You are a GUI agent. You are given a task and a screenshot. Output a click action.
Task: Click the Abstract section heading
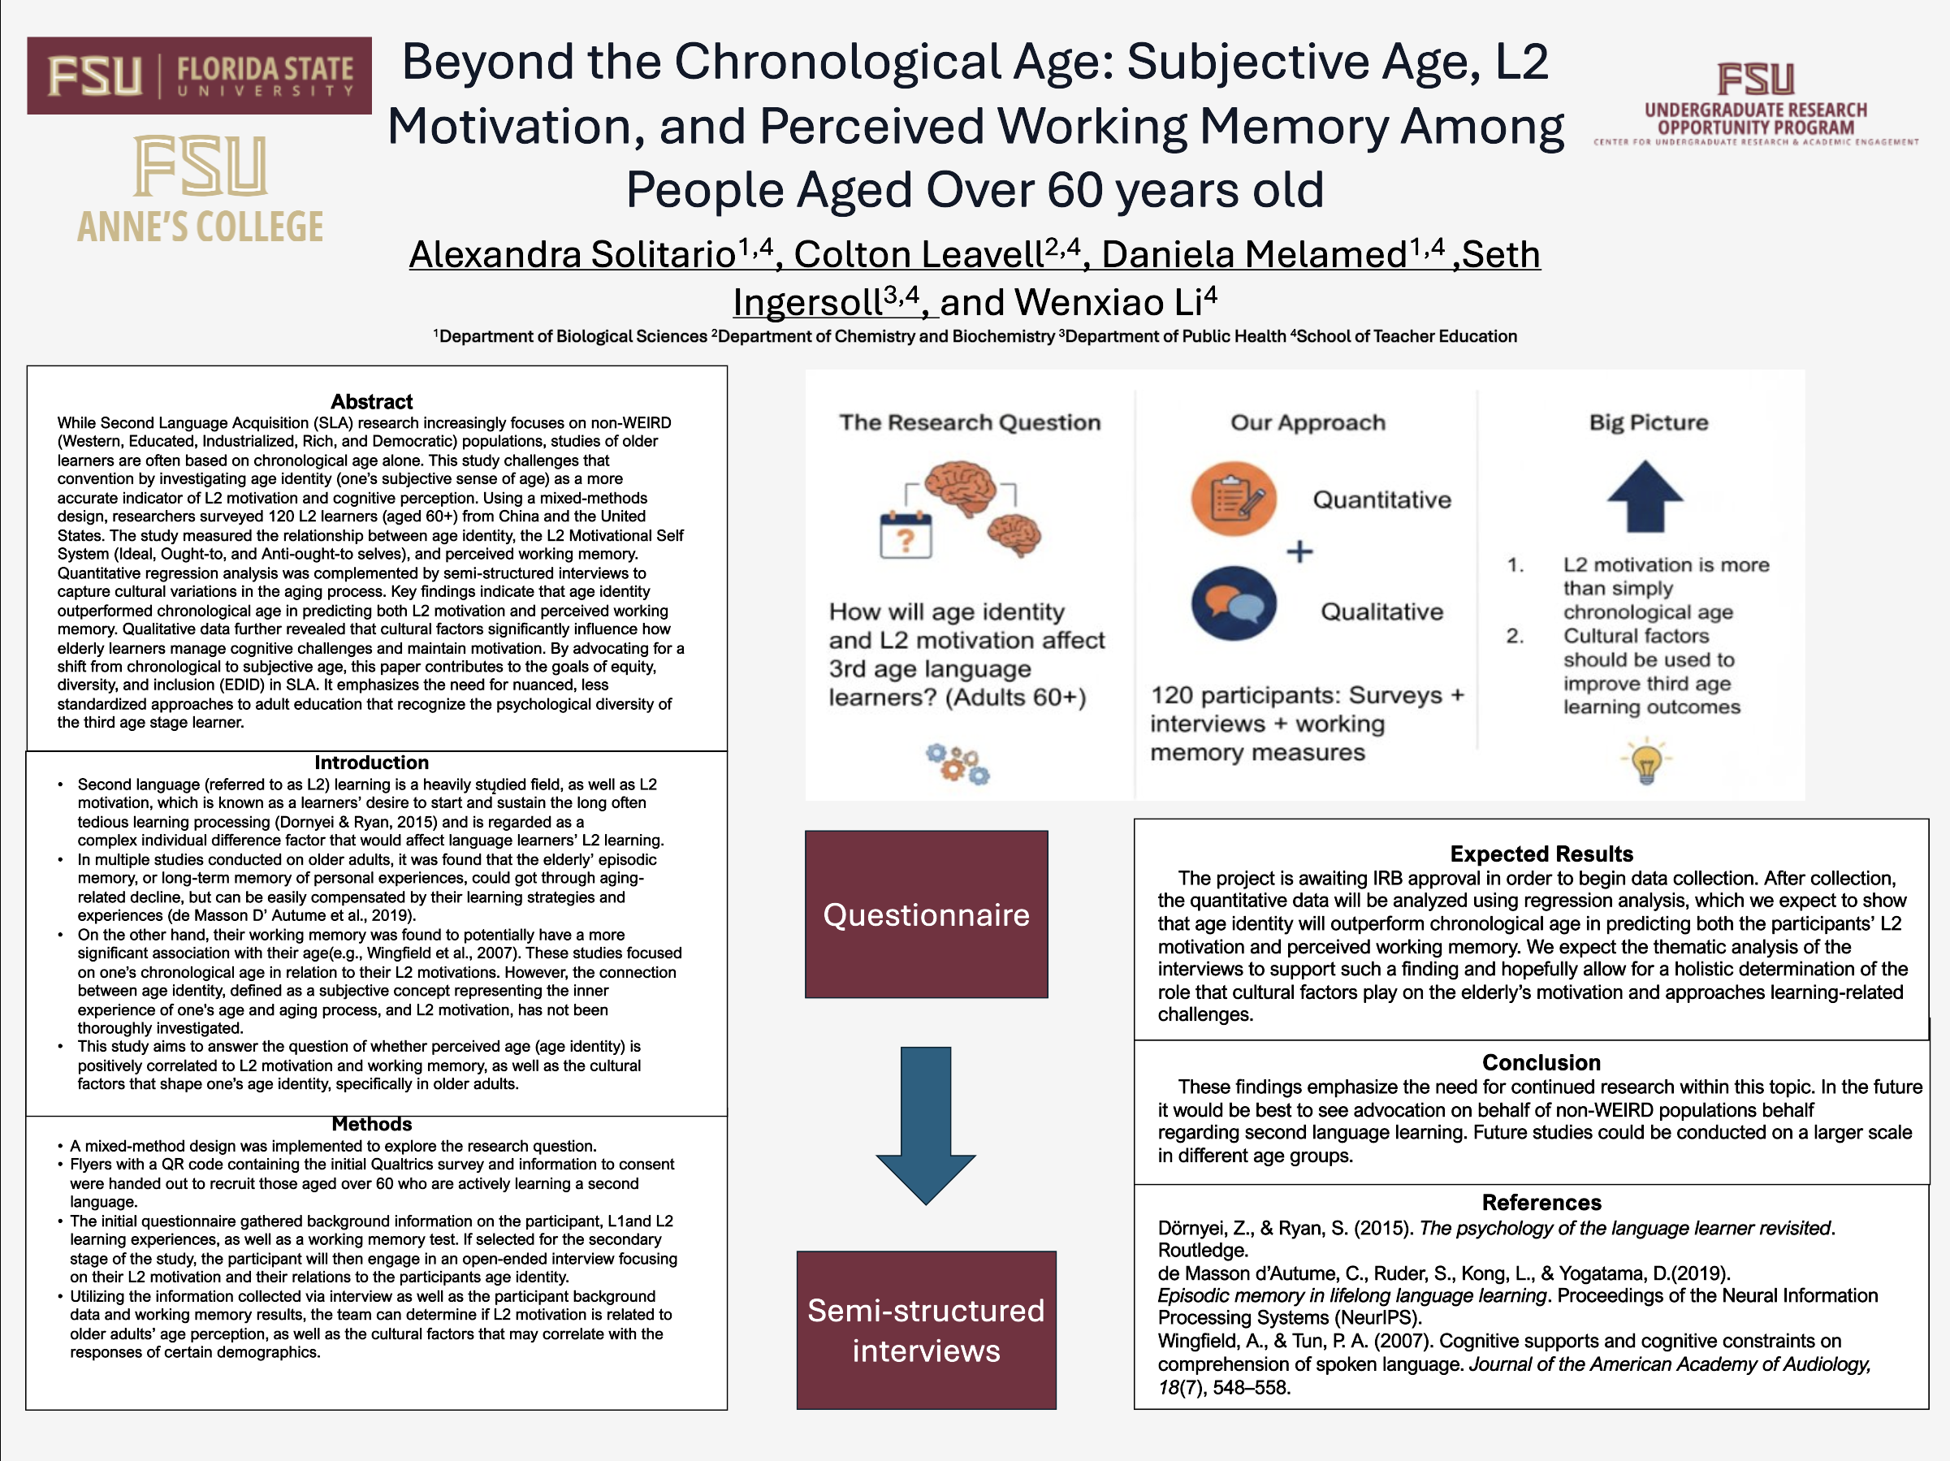371,402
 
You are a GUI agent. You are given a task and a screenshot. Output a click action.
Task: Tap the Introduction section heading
371,763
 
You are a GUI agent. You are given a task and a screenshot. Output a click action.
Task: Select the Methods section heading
371,1124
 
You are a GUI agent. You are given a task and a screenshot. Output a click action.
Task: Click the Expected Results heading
1541,854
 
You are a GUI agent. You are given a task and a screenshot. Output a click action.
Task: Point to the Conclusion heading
1541,1062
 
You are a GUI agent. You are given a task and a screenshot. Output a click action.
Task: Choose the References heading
1541,1203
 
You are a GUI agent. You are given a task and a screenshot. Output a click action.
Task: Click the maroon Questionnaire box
927,914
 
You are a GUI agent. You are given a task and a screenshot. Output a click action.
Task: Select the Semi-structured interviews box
927,1329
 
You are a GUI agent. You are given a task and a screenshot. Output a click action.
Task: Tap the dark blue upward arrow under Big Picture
1645,495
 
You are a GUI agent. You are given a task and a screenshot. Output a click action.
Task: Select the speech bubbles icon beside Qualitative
1234,604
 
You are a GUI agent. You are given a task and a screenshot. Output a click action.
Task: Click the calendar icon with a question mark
906,534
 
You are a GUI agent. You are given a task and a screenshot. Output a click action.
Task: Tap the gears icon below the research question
958,763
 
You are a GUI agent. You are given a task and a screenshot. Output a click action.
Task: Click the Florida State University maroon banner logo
199,76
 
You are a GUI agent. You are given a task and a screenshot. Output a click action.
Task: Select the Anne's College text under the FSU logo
200,227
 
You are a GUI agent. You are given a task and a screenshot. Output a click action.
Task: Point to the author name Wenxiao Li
1115,302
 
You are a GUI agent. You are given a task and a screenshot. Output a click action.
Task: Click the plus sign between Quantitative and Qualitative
1299,552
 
